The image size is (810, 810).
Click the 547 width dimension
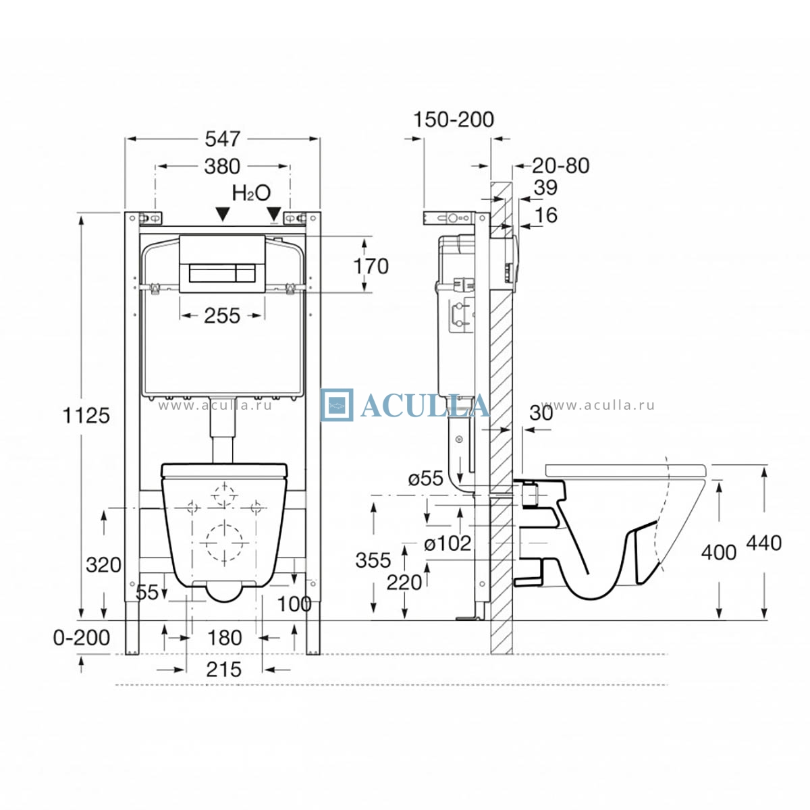(222, 139)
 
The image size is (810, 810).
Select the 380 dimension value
(222, 167)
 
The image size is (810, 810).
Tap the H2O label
(251, 193)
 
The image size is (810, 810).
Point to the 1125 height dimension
(86, 416)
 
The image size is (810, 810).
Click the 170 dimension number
(371, 266)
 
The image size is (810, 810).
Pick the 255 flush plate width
(222, 316)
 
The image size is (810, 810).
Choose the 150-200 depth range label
(454, 119)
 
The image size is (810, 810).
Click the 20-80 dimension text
(561, 165)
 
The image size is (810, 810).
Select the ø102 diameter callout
(448, 543)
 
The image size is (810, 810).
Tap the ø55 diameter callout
(426, 479)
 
